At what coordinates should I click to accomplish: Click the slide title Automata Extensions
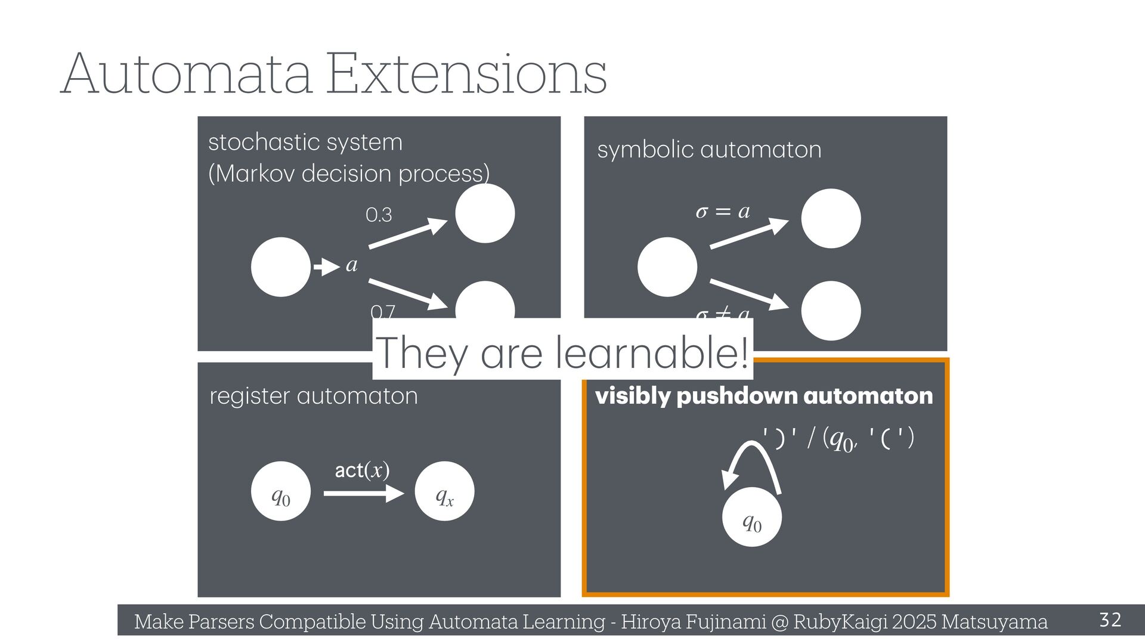pyautogui.click(x=334, y=74)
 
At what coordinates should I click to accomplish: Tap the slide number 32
pyautogui.click(x=1110, y=620)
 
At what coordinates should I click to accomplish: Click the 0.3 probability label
pyautogui.click(x=379, y=215)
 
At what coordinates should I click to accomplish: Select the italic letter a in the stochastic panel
pyautogui.click(x=352, y=265)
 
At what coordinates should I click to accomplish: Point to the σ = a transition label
pyautogui.click(x=723, y=212)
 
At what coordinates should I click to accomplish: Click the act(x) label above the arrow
pyautogui.click(x=362, y=470)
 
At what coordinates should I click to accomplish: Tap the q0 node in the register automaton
pyautogui.click(x=281, y=491)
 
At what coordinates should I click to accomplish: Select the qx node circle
pyautogui.click(x=444, y=491)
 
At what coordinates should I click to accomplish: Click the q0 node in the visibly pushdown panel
pyautogui.click(x=751, y=517)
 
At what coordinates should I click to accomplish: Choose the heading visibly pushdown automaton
pyautogui.click(x=764, y=396)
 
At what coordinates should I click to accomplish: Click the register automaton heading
pyautogui.click(x=314, y=396)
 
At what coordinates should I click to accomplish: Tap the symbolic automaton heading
pyautogui.click(x=709, y=149)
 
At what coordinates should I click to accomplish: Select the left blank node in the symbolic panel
pyautogui.click(x=667, y=267)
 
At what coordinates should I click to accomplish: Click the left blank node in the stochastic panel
pyautogui.click(x=281, y=267)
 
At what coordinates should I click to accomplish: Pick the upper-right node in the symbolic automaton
pyautogui.click(x=831, y=218)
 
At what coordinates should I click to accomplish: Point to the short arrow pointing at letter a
pyautogui.click(x=326, y=267)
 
